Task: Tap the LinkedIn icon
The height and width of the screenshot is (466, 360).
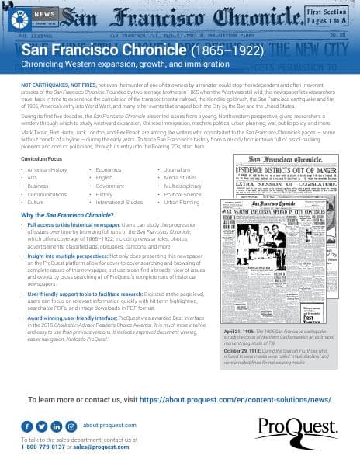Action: click(x=57, y=426)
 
